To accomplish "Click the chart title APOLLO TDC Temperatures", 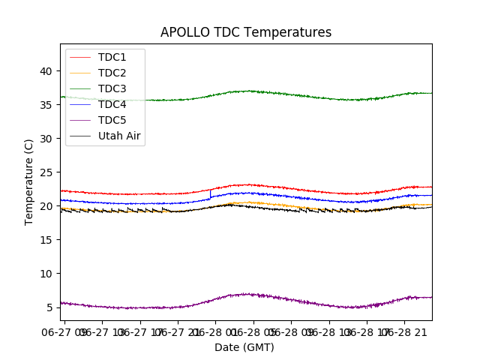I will (245, 32).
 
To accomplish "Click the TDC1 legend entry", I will (112, 57).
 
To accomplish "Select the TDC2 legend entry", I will (112, 73).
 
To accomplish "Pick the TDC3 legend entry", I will (112, 88).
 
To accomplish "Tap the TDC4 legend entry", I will (112, 104).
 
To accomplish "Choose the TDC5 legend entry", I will (112, 120).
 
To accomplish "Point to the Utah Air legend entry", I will (119, 136).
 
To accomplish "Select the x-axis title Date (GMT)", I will (244, 347).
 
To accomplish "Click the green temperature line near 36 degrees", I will (150, 100).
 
